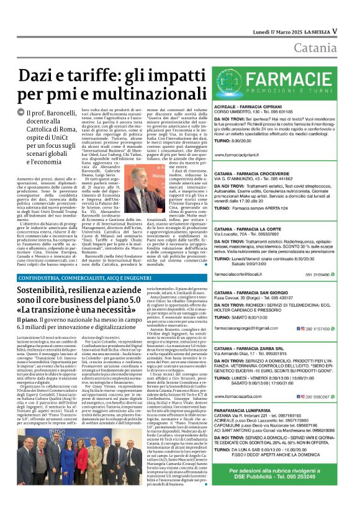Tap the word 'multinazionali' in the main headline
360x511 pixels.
[x=128, y=95]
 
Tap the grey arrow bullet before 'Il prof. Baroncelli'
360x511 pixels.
[x=22, y=114]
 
